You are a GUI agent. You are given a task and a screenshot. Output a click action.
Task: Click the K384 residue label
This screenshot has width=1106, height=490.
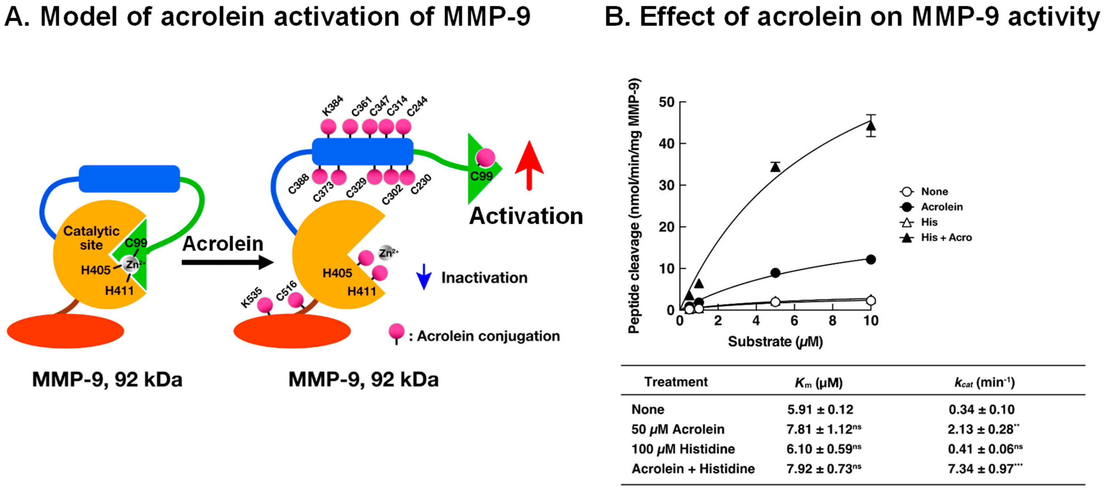[x=332, y=106]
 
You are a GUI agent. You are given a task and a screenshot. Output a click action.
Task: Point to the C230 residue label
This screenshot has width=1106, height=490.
[x=421, y=184]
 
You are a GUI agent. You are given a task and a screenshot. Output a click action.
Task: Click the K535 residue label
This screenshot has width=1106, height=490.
[x=251, y=298]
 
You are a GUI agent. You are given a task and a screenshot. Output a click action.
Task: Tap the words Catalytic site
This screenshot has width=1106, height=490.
[x=91, y=238]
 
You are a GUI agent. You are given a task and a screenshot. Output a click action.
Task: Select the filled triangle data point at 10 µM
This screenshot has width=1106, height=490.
[x=871, y=126]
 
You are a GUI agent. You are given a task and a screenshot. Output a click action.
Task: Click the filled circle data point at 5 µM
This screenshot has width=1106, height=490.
[x=775, y=273]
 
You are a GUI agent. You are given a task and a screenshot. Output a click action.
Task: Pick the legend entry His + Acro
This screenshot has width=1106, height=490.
[x=946, y=237]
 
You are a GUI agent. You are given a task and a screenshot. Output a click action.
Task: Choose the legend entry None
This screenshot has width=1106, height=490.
[x=934, y=191]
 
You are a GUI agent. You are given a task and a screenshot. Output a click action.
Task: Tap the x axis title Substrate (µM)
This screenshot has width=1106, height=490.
[x=775, y=342]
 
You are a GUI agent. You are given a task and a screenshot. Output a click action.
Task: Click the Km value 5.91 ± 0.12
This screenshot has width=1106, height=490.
[x=820, y=409]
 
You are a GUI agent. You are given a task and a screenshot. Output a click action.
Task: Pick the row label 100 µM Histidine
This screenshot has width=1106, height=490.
[x=683, y=449]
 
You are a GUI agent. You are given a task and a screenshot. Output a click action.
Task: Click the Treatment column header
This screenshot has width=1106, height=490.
[x=676, y=382]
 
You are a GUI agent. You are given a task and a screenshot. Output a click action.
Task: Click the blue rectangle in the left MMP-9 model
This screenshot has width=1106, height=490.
[x=129, y=179]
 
